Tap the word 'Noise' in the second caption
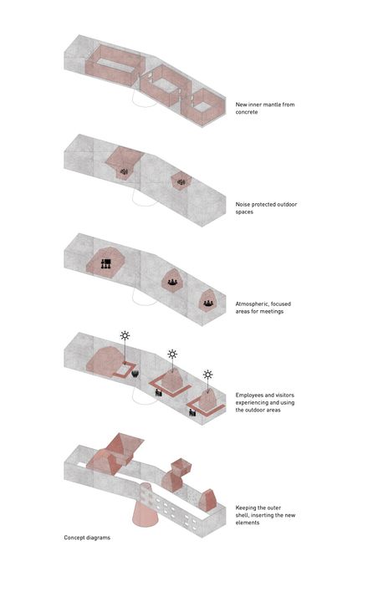point(243,204)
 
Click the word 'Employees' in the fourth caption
point(249,396)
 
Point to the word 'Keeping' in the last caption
point(246,508)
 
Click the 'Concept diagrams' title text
point(87,538)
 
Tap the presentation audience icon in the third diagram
point(105,263)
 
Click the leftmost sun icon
point(125,335)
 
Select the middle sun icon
point(172,355)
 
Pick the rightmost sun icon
point(207,375)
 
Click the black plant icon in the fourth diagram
point(135,374)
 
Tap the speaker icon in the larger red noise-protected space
point(124,171)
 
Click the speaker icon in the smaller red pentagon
point(181,183)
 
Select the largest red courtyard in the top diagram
point(114,64)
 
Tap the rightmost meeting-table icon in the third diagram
point(207,303)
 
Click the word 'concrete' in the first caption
point(247,112)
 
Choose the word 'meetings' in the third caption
point(271,312)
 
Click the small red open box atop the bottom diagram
point(181,466)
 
